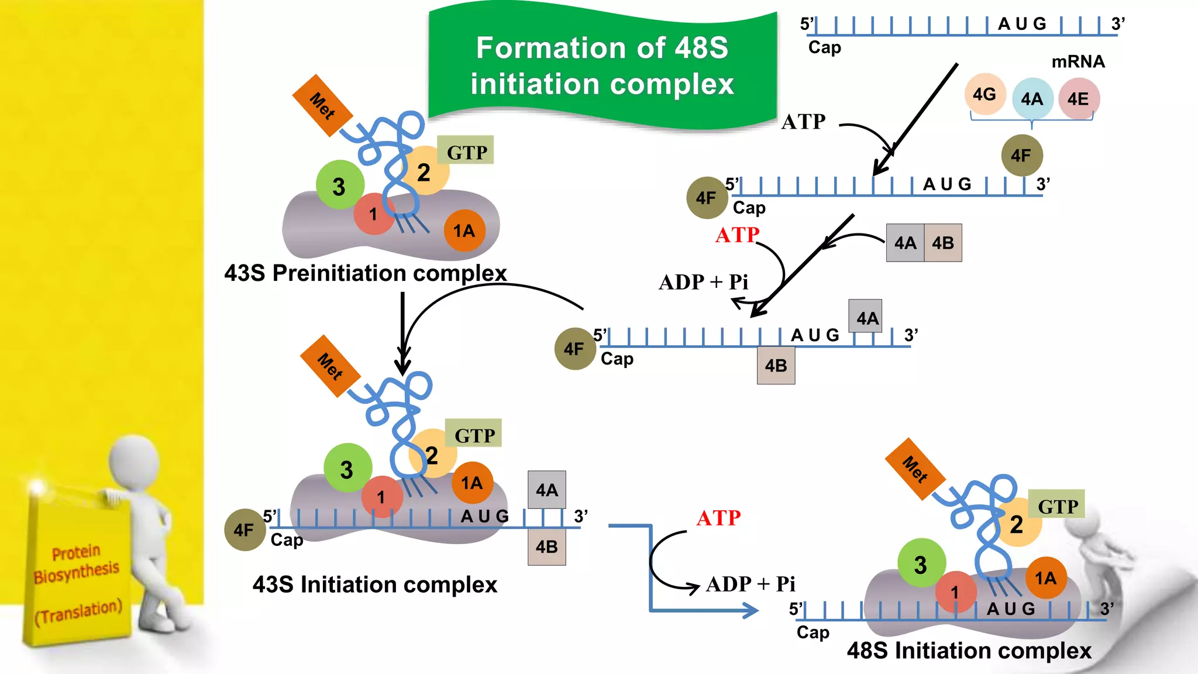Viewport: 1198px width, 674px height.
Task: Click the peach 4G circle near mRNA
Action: [x=984, y=94]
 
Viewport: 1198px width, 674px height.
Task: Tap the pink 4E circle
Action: [x=1078, y=99]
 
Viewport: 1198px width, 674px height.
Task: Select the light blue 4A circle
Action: [x=1032, y=99]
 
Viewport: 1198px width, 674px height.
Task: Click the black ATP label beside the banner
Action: [x=803, y=122]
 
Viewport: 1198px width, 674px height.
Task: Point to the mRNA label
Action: [x=1077, y=61]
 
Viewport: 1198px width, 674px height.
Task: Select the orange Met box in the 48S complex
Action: [x=915, y=469]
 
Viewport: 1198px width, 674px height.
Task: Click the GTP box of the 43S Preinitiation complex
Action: [x=466, y=152]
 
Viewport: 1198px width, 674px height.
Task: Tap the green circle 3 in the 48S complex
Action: [x=921, y=564]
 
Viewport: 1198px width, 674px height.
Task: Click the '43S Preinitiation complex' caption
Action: [x=365, y=273]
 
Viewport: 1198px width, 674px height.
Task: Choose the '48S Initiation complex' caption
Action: [x=969, y=651]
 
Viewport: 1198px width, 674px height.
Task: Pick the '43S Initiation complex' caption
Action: [x=374, y=584]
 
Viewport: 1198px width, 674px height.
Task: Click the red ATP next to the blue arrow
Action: [x=718, y=518]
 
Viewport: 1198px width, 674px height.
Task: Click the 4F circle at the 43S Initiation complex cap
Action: [x=245, y=530]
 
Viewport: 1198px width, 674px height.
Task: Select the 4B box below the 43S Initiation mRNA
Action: [x=546, y=547]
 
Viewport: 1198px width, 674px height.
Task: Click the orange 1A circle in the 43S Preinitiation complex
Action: [x=464, y=231]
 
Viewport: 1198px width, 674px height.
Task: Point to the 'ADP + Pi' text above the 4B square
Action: [x=703, y=282]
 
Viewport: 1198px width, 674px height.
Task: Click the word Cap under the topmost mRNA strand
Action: [x=824, y=47]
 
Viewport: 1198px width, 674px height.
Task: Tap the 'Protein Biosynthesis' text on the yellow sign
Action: [x=77, y=563]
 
